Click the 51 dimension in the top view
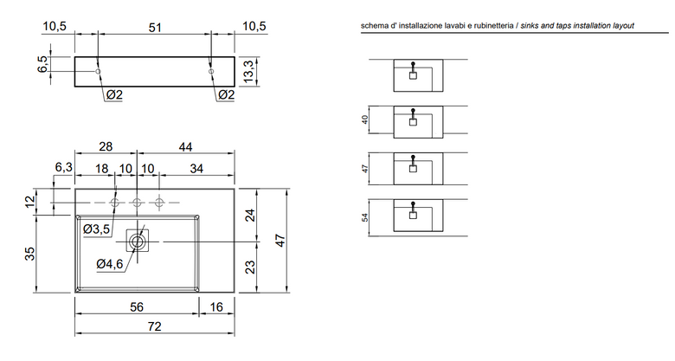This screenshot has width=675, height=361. point(155,28)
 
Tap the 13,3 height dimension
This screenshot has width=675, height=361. point(250,72)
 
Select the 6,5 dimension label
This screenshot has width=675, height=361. point(43,64)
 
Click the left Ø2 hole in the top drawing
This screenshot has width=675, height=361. point(98,71)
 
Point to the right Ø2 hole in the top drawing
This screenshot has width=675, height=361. point(211,71)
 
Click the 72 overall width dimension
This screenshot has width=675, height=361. point(154,326)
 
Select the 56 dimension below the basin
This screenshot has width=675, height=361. point(137,306)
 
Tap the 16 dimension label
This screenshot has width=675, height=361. point(216,306)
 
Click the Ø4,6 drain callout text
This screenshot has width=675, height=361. point(109,264)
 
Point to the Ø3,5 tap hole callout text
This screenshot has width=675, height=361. point(96,229)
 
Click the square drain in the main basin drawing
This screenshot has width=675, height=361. point(138,241)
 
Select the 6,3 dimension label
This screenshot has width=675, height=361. point(64,167)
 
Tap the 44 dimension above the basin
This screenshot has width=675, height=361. point(185,147)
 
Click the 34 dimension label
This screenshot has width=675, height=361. point(196,169)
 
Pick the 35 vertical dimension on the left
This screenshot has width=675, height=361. point(29,253)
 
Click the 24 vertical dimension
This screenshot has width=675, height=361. point(250,215)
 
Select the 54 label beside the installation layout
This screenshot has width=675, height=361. point(365,217)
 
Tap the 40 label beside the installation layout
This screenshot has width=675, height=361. point(365,119)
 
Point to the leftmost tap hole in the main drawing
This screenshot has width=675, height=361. point(115,203)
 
